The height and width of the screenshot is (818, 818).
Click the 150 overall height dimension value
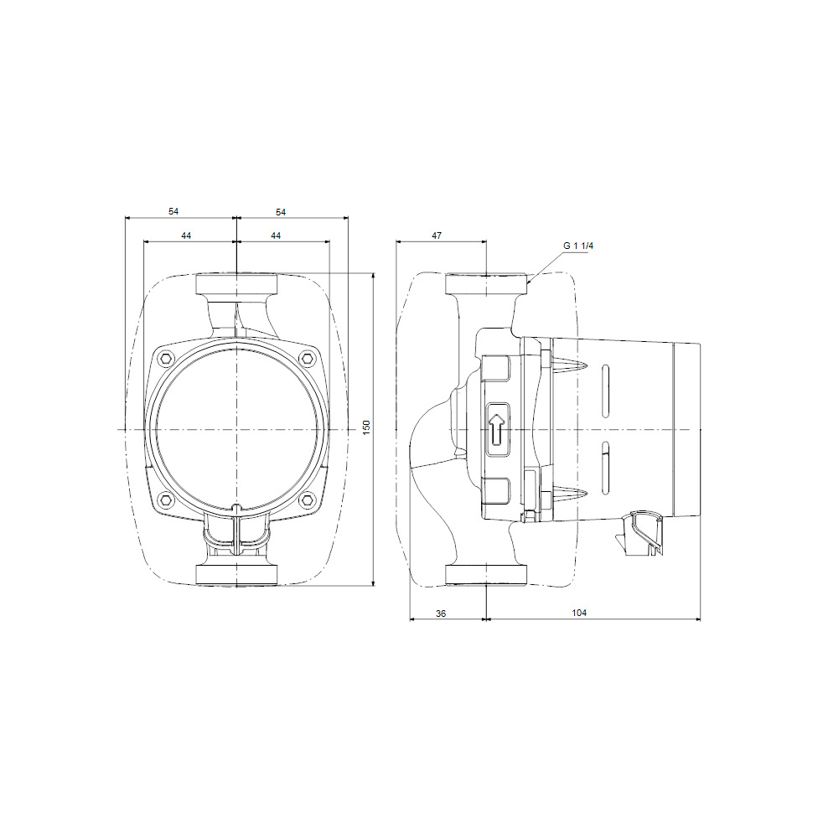click(x=365, y=427)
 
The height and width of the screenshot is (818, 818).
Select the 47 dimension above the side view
click(x=436, y=236)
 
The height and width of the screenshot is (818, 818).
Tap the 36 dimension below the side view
click(x=441, y=613)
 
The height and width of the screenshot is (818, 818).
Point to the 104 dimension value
click(x=579, y=613)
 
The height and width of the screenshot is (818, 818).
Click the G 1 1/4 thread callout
click(x=578, y=246)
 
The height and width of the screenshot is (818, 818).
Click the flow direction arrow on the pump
click(x=496, y=428)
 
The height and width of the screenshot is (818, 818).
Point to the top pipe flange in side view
click(x=487, y=283)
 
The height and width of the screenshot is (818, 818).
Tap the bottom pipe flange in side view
click(x=487, y=574)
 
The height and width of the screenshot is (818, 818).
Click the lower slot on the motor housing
click(x=605, y=467)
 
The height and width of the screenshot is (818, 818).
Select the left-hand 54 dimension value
click(x=173, y=212)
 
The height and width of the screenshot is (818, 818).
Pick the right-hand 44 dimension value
click(x=276, y=236)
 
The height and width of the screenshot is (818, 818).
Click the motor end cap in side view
click(x=687, y=428)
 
